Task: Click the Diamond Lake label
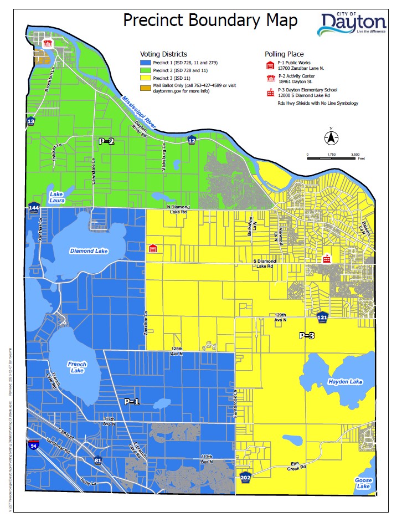(x=89, y=251)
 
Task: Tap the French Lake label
(x=77, y=367)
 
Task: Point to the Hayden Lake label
(x=345, y=382)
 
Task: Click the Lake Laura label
(x=56, y=197)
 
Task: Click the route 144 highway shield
(x=34, y=208)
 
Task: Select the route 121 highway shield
(x=323, y=317)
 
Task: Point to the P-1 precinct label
(x=131, y=402)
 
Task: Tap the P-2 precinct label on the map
(x=106, y=141)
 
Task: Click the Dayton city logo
(x=353, y=24)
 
